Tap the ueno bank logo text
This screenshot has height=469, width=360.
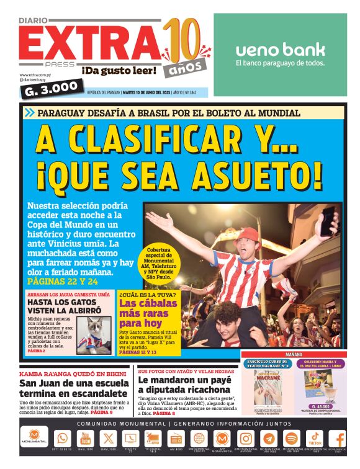(x=280, y=50)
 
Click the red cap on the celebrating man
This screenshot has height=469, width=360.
(x=248, y=234)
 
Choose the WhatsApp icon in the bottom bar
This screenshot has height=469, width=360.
(x=62, y=438)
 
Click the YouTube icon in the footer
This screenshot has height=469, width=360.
(x=85, y=438)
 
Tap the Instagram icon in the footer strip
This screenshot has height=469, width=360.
(x=246, y=438)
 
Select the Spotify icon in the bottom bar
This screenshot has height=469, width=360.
(x=291, y=438)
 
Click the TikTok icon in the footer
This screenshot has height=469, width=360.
(x=315, y=438)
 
